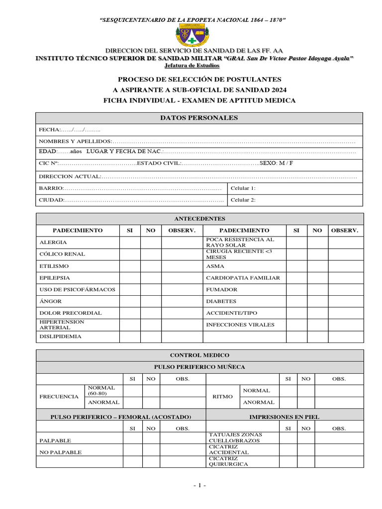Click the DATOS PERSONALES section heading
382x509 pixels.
click(198, 118)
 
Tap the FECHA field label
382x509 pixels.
click(49, 130)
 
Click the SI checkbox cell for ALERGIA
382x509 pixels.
click(130, 243)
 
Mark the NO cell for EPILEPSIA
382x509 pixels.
click(151, 278)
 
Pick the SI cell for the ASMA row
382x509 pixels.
click(296, 266)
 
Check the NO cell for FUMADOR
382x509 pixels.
click(317, 289)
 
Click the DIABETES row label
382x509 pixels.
click(221, 301)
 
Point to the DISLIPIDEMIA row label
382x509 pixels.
click(60, 337)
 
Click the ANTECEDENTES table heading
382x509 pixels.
click(199, 219)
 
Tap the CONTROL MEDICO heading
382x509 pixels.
click(199, 355)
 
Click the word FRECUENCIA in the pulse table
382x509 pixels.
click(59, 397)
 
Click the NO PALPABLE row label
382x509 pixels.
click(61, 452)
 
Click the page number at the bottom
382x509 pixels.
click(199, 486)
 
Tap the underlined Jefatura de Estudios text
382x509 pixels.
click(192, 66)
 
